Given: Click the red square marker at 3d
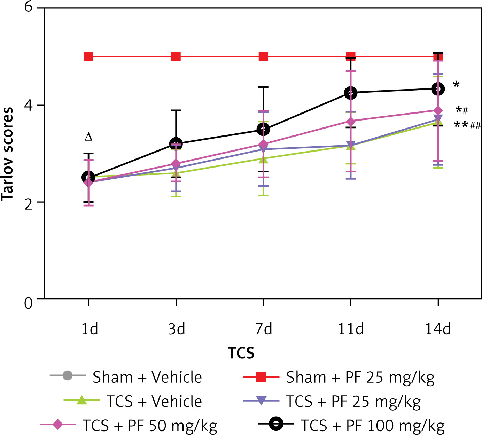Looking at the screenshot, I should (176, 56).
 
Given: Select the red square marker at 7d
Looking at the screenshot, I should (263, 56).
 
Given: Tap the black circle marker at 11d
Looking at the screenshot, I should (351, 93).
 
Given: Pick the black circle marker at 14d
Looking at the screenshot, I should (438, 89).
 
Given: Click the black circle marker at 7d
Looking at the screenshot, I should (263, 130).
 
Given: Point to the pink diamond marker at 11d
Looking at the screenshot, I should (351, 122).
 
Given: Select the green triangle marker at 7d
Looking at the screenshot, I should (263, 159).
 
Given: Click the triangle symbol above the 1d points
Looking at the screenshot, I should (88, 137).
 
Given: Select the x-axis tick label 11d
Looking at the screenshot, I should (351, 329).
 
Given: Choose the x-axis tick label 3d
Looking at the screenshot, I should (176, 329).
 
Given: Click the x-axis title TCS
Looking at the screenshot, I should (241, 353).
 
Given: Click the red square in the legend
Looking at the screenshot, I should (261, 377).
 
